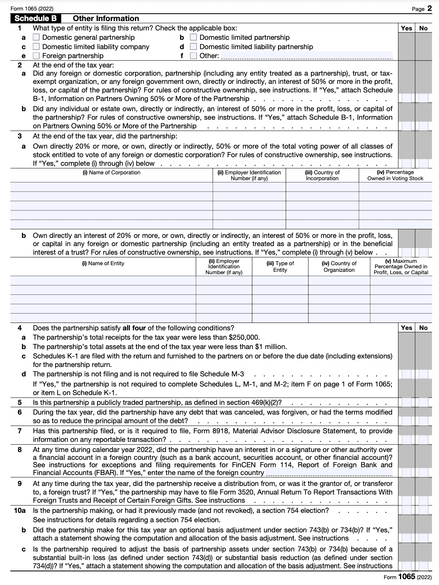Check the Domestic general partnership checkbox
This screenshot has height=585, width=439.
(36, 37)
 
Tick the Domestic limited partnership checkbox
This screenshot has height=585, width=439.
(193, 37)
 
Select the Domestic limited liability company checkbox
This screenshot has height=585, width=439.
(36, 47)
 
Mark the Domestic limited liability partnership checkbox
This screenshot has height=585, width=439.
(193, 47)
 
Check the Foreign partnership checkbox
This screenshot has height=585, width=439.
(36, 56)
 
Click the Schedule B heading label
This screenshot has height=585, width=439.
(36, 18)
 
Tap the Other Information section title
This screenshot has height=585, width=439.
(106, 18)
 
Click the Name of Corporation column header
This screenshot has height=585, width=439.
(111, 172)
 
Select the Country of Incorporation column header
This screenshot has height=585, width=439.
(322, 175)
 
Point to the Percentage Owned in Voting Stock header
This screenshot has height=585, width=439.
(395, 175)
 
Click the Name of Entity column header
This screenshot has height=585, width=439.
(103, 263)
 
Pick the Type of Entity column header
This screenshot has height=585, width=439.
(280, 266)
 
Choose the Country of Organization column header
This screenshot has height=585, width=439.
(339, 266)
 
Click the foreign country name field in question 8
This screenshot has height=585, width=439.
(329, 473)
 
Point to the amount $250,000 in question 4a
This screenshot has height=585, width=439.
(244, 337)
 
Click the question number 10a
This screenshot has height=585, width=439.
(19, 511)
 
